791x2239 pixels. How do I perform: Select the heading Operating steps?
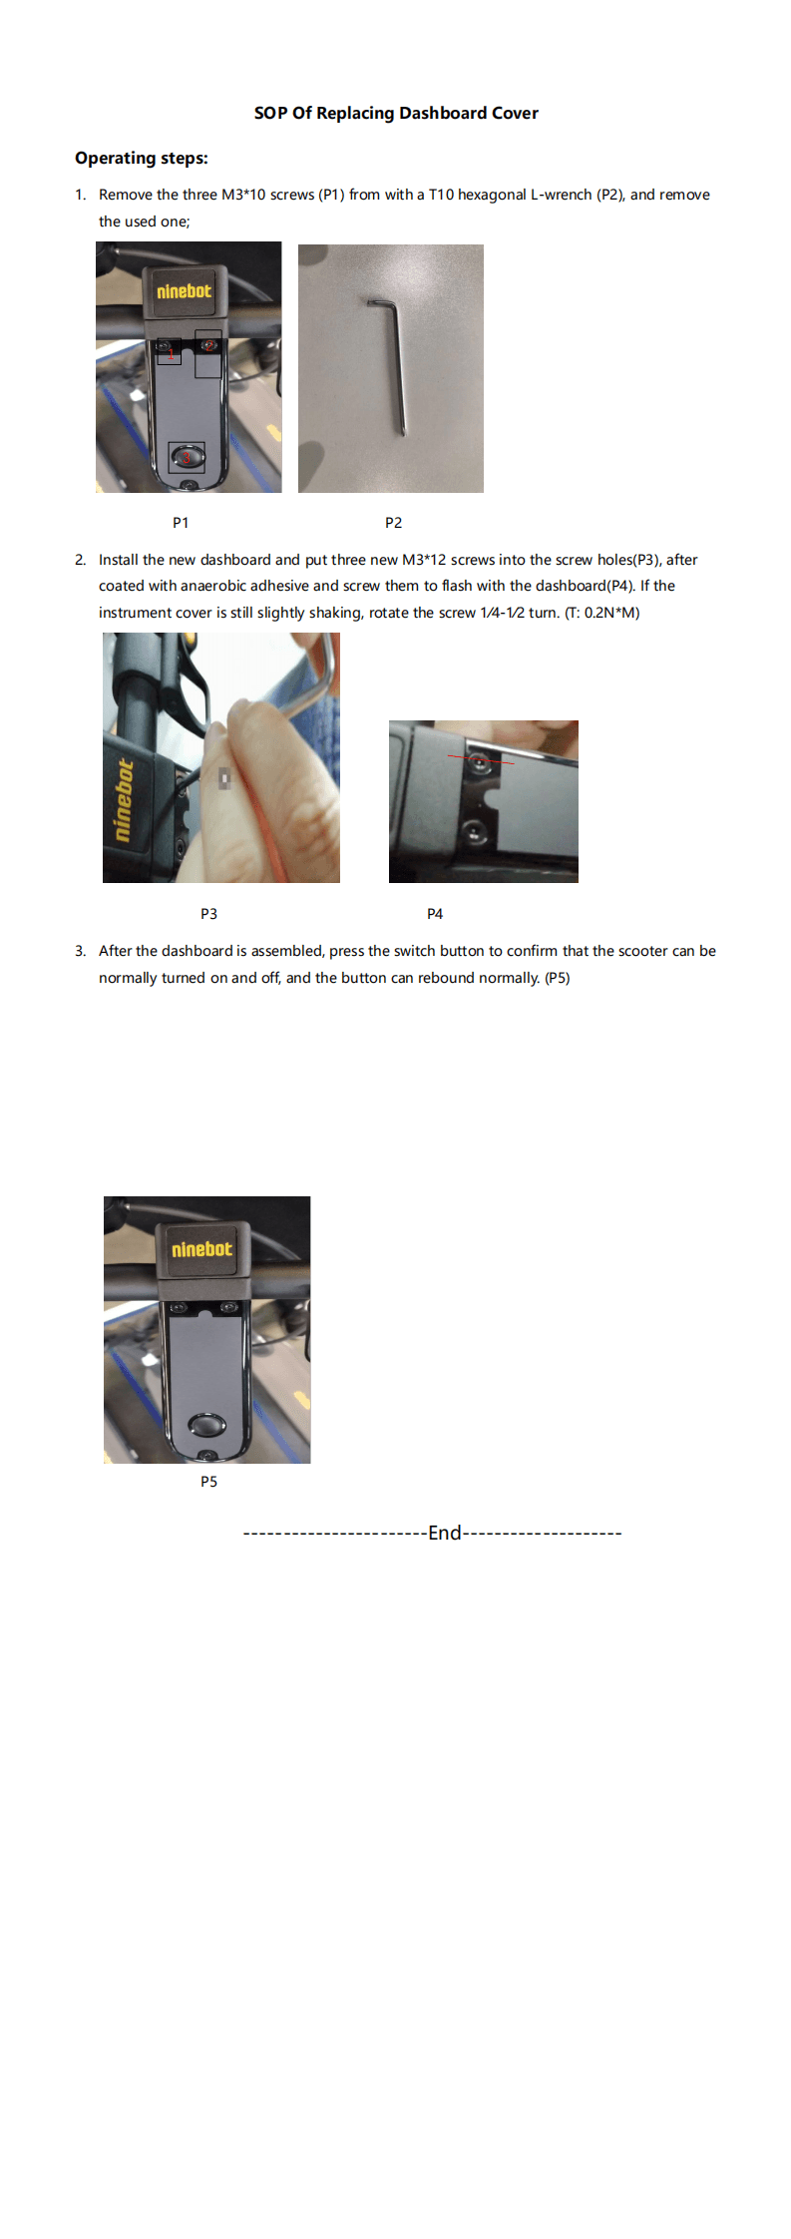(x=142, y=158)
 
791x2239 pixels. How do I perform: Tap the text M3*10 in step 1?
(x=243, y=195)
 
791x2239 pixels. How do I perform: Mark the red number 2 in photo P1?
(x=209, y=345)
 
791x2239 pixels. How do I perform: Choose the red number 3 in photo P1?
(x=186, y=458)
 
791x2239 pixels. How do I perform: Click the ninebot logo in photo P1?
(x=184, y=291)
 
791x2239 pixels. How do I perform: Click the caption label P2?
(x=393, y=523)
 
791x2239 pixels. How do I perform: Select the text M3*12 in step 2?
(x=424, y=560)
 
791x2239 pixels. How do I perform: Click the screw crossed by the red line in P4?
(x=480, y=762)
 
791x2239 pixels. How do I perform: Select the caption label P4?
(x=435, y=914)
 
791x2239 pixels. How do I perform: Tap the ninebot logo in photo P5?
(x=201, y=1249)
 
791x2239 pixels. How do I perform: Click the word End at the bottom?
(x=444, y=1533)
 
